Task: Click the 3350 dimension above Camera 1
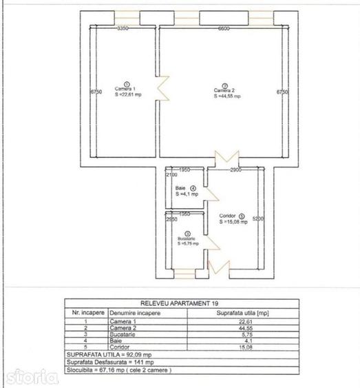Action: coord(123,29)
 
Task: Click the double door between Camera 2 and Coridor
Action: coord(226,159)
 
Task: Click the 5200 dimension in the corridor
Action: coord(257,219)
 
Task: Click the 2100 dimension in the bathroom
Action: coord(170,176)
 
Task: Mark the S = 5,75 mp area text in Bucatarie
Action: coord(187,243)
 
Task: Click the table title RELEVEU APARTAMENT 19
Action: coord(179,303)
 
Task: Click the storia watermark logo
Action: coord(31,376)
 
